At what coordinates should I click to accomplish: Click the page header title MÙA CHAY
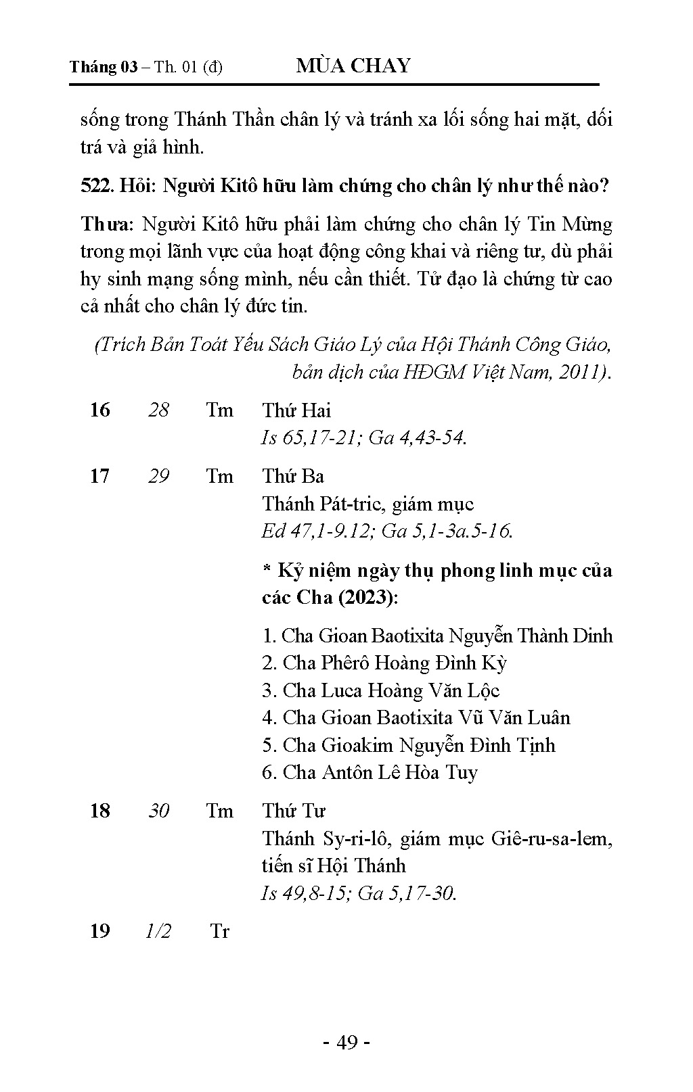pos(353,66)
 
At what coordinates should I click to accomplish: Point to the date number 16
pos(99,410)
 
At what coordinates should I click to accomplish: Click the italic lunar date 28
pos(158,410)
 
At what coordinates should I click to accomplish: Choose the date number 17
pos(99,476)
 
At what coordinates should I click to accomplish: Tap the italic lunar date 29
pos(158,476)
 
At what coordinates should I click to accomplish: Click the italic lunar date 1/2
pos(158,931)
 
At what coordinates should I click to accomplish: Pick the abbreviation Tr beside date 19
pos(219,931)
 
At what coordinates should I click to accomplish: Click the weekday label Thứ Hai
pos(296,410)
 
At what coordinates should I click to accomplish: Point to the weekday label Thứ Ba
pos(293,476)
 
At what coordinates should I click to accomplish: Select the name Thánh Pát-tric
pos(321,504)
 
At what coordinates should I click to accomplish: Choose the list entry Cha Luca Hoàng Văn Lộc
pos(381,690)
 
